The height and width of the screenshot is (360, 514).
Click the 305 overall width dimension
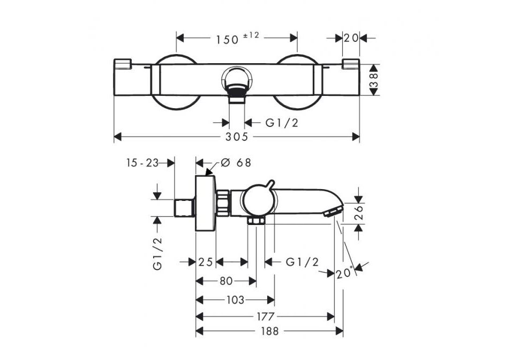click(237, 137)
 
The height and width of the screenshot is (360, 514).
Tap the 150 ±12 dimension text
click(237, 39)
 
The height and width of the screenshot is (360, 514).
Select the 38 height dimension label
click(374, 80)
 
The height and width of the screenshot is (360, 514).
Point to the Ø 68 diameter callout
click(236, 162)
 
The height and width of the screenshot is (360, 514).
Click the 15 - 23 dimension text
click(142, 163)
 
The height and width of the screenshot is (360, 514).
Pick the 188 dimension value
click(269, 331)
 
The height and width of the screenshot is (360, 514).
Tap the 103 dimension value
click(236, 299)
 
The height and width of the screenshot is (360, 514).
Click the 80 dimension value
click(226, 281)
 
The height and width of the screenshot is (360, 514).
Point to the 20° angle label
click(344, 273)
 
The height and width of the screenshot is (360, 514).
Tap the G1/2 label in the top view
click(282, 123)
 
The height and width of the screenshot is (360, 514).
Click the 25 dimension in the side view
click(206, 262)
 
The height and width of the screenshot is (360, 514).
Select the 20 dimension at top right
click(351, 39)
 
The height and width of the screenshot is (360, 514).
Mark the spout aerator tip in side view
click(334, 212)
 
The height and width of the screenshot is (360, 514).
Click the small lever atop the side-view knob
click(270, 184)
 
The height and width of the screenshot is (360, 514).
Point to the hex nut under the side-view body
click(256, 221)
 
